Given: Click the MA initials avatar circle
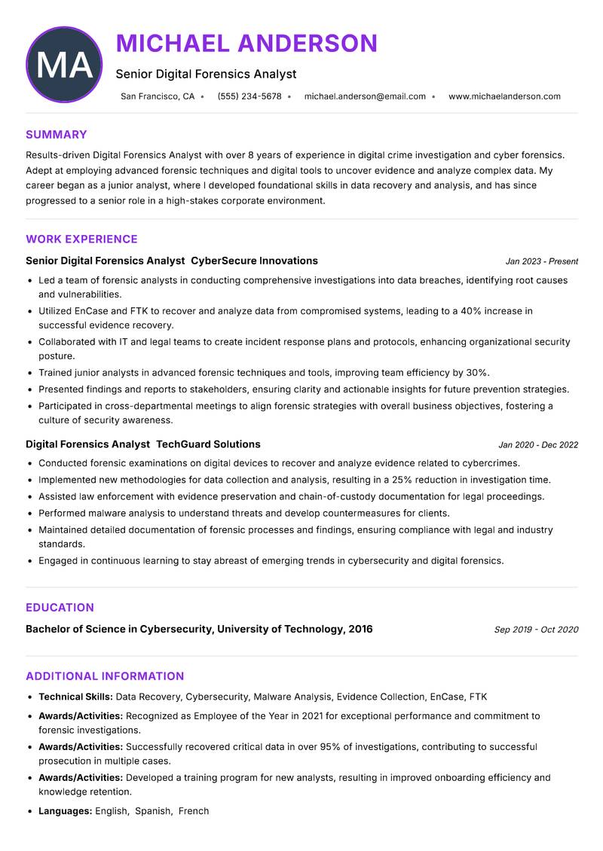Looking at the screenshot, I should pos(64,65).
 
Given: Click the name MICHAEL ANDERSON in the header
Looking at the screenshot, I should pos(246,44).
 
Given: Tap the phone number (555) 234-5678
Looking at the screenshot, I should pos(249,96).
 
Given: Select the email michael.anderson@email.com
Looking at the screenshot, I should pos(365,96).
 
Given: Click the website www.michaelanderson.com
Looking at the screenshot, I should pos(504,96).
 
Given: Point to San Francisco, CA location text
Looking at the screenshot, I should pos(158,96).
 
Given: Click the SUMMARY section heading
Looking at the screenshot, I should pos(57,135).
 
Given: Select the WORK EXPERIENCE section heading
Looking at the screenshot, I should pos(81,239).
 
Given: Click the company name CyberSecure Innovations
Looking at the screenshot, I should pos(254,261).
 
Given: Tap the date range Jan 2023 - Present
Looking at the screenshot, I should pos(541,261).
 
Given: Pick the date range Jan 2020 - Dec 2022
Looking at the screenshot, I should pos(538,445).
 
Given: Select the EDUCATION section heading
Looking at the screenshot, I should pos(60,608).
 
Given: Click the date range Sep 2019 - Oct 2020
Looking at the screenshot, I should pos(536,630).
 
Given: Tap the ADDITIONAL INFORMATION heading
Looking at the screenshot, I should pos(105,676).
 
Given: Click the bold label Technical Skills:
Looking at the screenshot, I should pos(75,697).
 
